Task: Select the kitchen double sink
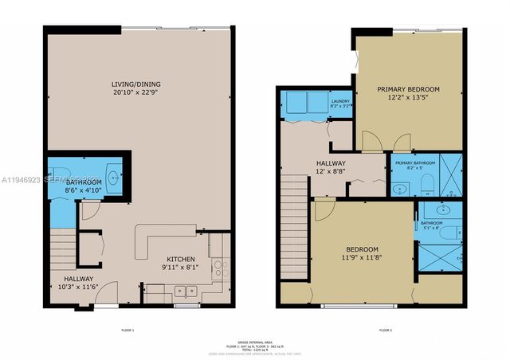(x=186, y=291)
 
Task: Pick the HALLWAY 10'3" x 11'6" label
(x=79, y=283)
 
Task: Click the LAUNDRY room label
(x=341, y=101)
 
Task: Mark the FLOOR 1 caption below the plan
(x=127, y=330)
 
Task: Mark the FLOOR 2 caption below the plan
(x=386, y=330)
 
